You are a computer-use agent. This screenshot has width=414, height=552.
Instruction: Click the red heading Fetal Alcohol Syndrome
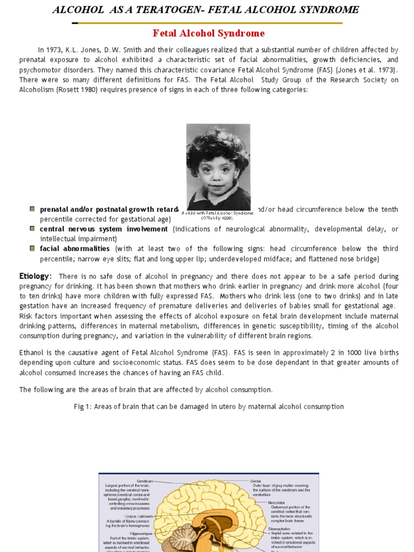pos(209,33)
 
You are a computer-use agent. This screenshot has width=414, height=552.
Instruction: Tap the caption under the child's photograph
pos(218,216)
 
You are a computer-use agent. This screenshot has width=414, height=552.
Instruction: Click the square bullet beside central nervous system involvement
pos(32,229)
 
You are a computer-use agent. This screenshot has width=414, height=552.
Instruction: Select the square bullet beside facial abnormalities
pos(32,248)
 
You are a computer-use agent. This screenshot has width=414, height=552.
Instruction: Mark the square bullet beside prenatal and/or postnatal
pos(32,209)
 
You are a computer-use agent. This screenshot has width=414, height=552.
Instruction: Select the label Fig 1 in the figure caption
pos(82,406)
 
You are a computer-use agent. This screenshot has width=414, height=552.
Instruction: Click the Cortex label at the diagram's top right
pos(256,480)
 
